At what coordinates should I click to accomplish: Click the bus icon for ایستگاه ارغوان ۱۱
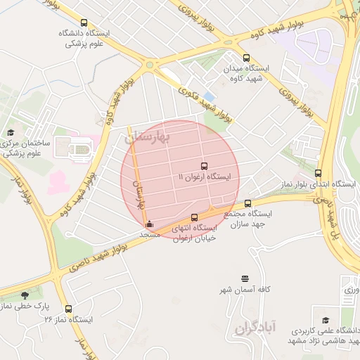(204, 167)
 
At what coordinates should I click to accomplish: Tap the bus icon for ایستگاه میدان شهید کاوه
(245, 58)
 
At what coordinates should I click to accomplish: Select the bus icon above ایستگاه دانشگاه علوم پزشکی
(84, 24)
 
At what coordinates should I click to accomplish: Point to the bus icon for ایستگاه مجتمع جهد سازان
(247, 203)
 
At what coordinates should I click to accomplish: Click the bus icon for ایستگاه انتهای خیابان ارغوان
(195, 217)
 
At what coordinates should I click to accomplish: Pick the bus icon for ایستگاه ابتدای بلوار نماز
(319, 173)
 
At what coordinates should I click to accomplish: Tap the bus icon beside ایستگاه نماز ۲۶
(68, 309)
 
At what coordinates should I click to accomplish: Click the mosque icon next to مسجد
(148, 225)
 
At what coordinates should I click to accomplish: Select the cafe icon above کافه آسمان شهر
(244, 279)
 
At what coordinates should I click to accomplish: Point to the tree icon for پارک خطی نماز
(25, 295)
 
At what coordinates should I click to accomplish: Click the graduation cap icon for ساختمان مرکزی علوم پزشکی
(10, 132)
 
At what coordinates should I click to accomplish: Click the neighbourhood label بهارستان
(148, 139)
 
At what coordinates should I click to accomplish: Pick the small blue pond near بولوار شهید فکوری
(209, 96)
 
